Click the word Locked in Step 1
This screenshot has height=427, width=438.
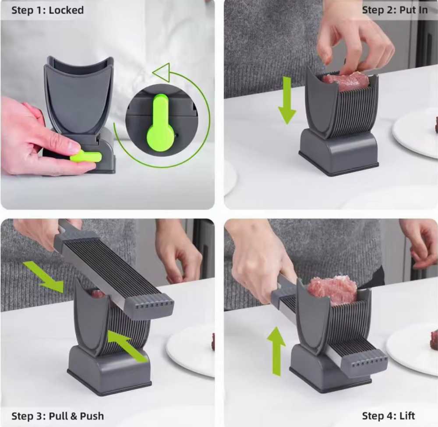[x=66, y=10]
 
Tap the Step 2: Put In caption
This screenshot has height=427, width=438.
[x=395, y=10]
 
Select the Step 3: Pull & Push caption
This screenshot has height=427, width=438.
[x=57, y=415]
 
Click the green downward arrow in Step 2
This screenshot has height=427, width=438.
[x=287, y=100]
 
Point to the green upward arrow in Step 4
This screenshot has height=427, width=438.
[x=276, y=350]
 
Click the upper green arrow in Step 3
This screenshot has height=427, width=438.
[x=43, y=276]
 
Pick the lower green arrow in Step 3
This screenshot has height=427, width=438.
[x=127, y=346]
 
